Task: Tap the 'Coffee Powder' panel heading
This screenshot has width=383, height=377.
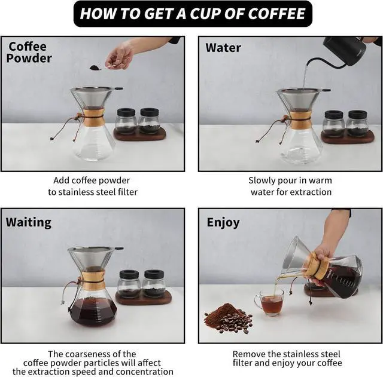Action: (x=30, y=53)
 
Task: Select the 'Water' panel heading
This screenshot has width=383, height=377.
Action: (x=223, y=47)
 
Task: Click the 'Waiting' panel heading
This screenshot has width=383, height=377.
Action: (x=28, y=222)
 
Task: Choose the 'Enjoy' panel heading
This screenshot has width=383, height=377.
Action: (x=223, y=223)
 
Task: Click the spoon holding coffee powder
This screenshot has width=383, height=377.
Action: (x=99, y=68)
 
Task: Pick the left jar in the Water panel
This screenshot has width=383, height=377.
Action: (x=333, y=124)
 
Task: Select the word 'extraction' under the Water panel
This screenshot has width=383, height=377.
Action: (x=310, y=192)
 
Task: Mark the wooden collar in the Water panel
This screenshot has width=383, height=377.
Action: (x=299, y=115)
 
